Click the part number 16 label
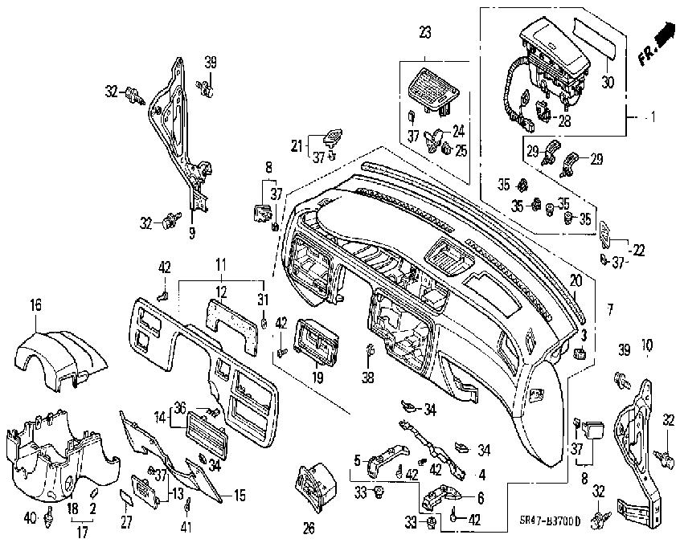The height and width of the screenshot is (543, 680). point(35,304)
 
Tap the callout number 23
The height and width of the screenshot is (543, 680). point(425,33)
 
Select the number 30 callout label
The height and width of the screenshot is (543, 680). point(607,82)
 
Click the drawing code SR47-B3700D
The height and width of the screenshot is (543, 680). point(579,521)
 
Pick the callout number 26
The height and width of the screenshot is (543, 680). point(309,528)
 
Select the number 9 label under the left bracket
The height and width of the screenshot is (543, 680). point(192,234)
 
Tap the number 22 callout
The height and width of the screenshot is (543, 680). point(639,251)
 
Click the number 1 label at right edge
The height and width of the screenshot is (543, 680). point(653,117)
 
